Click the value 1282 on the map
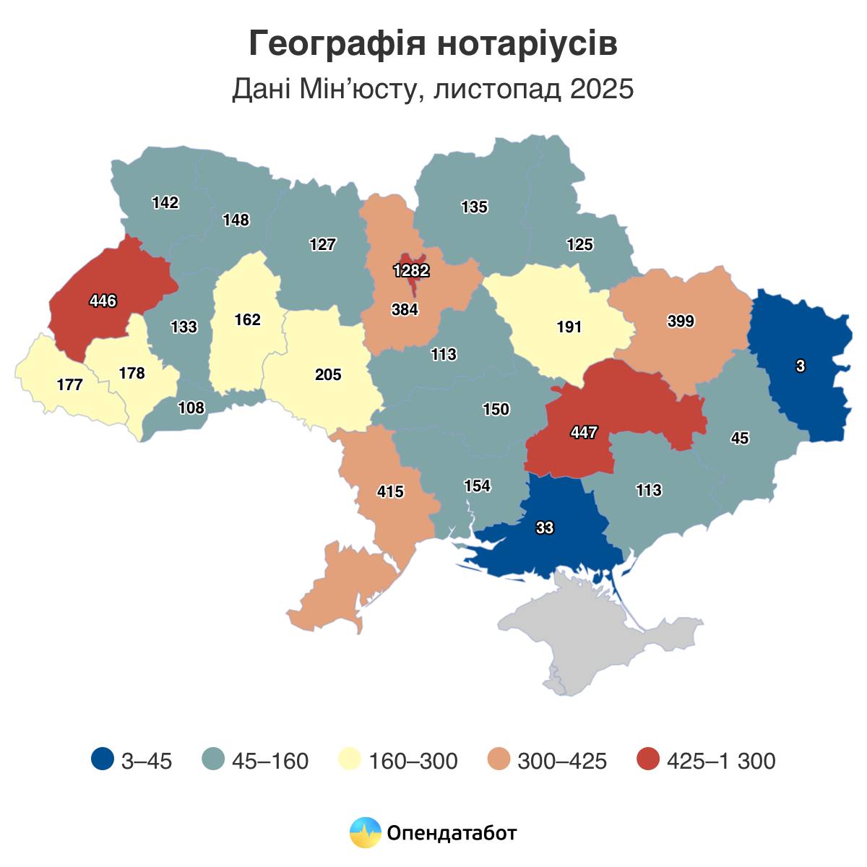tap(411, 271)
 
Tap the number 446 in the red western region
tap(103, 301)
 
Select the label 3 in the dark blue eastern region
tap(800, 366)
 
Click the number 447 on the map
tap(583, 433)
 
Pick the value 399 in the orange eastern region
tap(680, 322)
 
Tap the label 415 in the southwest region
tap(390, 492)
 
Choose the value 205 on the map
tap(328, 375)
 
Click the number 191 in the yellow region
tap(569, 327)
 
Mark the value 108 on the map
tap(191, 407)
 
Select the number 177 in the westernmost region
tap(69, 384)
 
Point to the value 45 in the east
tap(740, 438)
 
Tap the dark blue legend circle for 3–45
tap(103, 760)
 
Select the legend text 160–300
tap(413, 761)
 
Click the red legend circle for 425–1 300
tap(649, 760)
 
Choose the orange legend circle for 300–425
tap(499, 760)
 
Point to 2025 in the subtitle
tap(601, 90)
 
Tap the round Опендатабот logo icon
tap(365, 832)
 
